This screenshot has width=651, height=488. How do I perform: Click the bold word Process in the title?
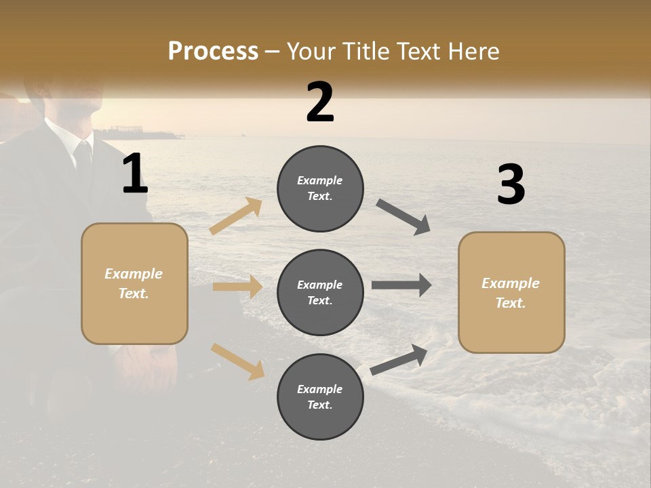click(213, 52)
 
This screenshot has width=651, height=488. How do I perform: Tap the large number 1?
click(135, 174)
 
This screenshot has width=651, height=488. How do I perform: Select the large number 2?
click(320, 102)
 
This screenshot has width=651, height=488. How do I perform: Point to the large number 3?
click(511, 185)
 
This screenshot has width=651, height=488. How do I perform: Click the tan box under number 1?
click(134, 283)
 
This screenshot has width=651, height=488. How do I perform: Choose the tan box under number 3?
click(511, 293)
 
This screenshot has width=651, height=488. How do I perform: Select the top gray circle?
click(320, 188)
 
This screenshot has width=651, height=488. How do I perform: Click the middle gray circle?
click(320, 293)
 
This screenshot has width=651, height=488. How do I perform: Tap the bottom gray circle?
click(320, 397)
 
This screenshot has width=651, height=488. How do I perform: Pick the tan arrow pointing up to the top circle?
click(237, 216)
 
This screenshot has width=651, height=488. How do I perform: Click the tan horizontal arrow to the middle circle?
click(237, 287)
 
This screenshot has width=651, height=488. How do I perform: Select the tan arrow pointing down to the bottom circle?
click(237, 361)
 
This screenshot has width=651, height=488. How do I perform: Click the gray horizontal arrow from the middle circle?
click(401, 285)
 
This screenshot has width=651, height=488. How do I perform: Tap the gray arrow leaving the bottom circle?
click(399, 359)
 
